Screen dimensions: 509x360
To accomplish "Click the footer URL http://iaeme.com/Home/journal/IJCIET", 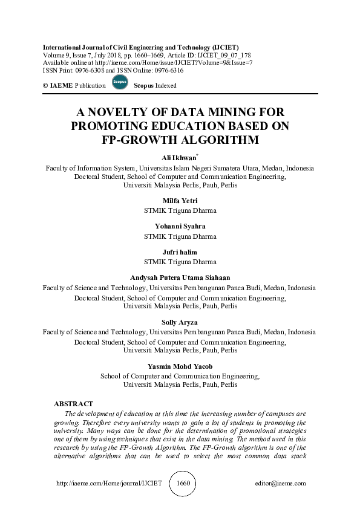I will coord(109,484).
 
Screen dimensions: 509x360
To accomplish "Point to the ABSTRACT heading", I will coord(74,403).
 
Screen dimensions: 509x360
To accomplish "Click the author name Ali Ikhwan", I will coord(180,158).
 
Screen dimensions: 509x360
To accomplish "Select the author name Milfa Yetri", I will coord(180,201).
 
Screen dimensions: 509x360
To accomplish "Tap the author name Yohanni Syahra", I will coord(180,226).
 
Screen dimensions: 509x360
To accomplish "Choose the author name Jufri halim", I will coord(180,252).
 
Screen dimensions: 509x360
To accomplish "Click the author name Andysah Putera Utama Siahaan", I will coord(180,278).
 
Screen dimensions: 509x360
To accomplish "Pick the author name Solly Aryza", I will coord(180,322).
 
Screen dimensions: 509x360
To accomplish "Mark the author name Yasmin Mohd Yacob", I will coord(180,366).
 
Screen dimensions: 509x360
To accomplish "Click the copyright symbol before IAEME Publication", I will coord(46,86).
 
